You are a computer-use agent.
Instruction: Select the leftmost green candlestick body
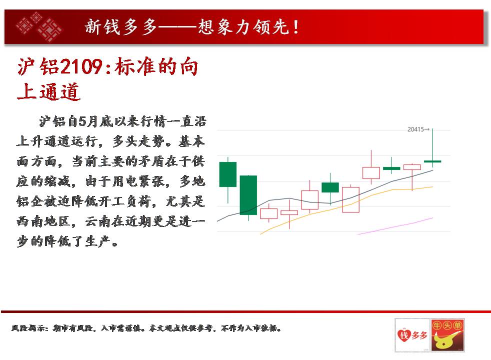pos(228,174)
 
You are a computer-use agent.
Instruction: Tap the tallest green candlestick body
pos(248,195)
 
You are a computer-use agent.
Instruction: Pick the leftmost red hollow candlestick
pos(268,213)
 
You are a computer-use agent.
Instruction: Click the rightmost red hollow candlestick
pos(412,167)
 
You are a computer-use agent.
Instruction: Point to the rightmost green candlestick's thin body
pos(432,161)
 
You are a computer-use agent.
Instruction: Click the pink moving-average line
pos(395,226)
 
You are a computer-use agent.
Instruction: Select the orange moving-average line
pos(346,206)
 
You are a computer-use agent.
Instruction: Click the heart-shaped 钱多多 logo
pos(412,335)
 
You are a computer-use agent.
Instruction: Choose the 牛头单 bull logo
pos(447,335)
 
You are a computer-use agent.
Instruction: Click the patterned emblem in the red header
pos(39,26)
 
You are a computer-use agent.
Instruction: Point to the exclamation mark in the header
pos(296,26)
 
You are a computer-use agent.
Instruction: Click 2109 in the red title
pos(81,66)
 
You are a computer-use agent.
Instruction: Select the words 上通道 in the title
pos(48,91)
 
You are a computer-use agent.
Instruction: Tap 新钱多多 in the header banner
pos(120,26)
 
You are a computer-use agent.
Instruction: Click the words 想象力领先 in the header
pos(243,26)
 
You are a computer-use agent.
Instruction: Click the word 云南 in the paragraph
pos(98,221)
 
